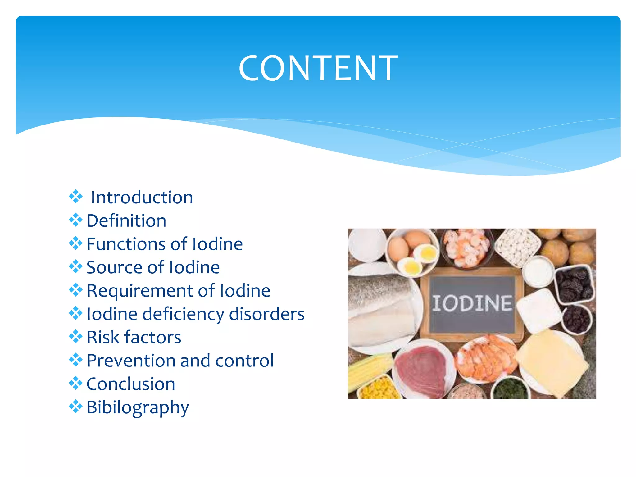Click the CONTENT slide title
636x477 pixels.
pyautogui.click(x=318, y=68)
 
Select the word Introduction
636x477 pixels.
pyautogui.click(x=142, y=198)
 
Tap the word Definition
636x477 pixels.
pyautogui.click(x=126, y=221)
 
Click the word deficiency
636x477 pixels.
pyautogui.click(x=183, y=314)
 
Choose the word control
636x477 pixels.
pyautogui.click(x=244, y=361)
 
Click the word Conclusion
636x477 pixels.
pyautogui.click(x=131, y=384)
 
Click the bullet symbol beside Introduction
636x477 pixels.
pyautogui.click(x=75, y=197)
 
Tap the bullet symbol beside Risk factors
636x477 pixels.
pyautogui.click(x=75, y=336)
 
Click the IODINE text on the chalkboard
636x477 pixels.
pyautogui.click(x=472, y=303)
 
